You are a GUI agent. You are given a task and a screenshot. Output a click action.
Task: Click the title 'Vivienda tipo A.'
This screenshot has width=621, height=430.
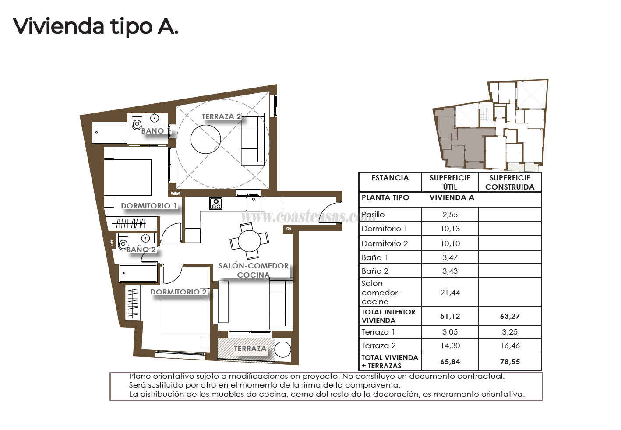95,26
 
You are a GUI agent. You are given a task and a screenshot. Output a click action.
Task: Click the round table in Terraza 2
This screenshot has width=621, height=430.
205,139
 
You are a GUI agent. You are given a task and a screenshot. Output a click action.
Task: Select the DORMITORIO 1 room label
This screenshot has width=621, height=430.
149,206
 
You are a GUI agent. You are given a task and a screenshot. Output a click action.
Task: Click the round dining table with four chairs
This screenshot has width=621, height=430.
249,241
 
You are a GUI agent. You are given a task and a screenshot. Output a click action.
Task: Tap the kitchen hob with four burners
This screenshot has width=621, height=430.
216,204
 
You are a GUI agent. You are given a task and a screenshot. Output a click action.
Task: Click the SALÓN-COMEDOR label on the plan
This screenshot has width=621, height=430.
253,266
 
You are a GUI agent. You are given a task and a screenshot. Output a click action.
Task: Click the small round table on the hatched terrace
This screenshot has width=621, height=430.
282,350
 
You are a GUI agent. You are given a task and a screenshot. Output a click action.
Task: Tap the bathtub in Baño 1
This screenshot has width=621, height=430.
109,133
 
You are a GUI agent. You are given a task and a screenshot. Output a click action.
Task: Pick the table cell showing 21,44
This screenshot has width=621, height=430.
450,293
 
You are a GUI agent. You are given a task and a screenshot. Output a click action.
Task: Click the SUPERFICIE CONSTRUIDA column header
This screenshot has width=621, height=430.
510,182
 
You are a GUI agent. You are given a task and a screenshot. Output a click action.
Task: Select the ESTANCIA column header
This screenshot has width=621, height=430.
390,178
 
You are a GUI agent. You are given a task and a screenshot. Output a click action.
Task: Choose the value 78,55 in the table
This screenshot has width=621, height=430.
510,362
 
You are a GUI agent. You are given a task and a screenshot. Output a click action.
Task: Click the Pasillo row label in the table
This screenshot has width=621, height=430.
373,215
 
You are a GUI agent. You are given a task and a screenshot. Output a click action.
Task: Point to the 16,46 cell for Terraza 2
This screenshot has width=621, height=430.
510,345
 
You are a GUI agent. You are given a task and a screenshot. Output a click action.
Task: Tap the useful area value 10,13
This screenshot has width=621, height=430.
450,229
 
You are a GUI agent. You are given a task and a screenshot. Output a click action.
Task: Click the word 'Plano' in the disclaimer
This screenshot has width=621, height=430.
139,376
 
